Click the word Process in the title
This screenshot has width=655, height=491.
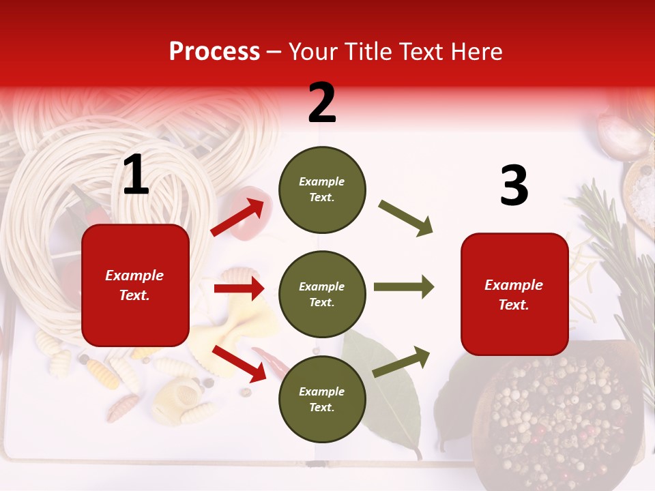pos(214,52)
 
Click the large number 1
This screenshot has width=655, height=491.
pos(136,176)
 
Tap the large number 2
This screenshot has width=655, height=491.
pos(322,103)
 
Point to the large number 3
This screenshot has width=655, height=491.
pos(514,185)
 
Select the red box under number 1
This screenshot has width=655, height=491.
pos(135,285)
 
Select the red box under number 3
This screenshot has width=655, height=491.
pos(514,294)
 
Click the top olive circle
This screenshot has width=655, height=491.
pos(322,189)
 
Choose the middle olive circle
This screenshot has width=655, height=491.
pos(322,294)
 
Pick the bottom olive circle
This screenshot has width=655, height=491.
pos(322,399)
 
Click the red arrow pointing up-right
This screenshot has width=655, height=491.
pos(237,217)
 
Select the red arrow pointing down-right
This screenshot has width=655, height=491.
pos(239,363)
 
